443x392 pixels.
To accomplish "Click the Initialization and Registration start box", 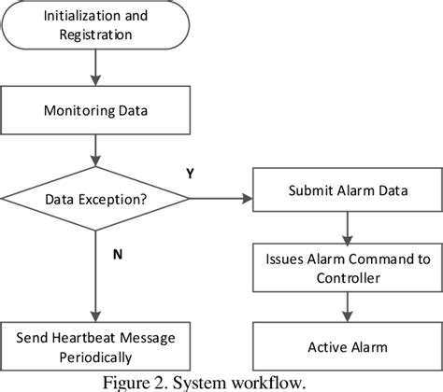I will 95,26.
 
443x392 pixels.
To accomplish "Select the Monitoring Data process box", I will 95,109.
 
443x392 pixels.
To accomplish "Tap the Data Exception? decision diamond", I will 95,198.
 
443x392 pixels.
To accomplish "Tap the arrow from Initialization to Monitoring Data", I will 95,66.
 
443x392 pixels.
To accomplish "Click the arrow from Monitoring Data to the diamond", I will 95,150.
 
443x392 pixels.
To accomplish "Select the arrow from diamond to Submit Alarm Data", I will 220,198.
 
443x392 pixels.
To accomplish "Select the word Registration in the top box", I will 94,35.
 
